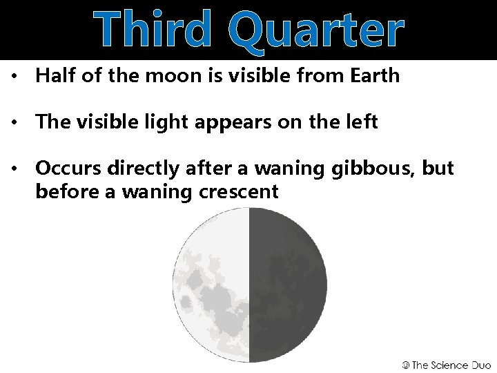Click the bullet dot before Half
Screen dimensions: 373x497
[x=15, y=77]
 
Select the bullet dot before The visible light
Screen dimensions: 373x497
[x=15, y=123]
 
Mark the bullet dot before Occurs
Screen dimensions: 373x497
[x=15, y=169]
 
